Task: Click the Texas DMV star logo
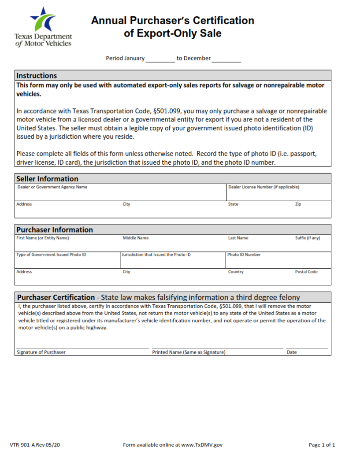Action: coord(43,19)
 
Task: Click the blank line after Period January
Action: coord(160,59)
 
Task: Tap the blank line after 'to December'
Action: coord(226,59)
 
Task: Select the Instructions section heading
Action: coord(37,75)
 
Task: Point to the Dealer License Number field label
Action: coord(264,187)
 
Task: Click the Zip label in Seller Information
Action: coord(298,204)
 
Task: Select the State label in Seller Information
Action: coord(233,204)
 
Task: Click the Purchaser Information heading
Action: coord(55,229)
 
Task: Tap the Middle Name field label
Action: coord(135,238)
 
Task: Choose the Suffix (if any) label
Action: coord(307,238)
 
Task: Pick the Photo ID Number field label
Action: coord(244,255)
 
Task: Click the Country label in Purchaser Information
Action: coord(236,272)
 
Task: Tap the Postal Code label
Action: coord(306,272)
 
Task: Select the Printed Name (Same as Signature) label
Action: coord(189,352)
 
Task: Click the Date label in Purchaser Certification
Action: coord(292,352)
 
